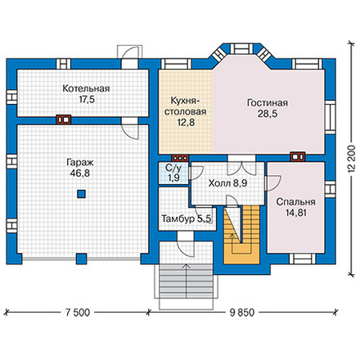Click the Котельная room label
(x=86, y=88)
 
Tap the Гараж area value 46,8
(x=79, y=173)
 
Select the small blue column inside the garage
(x=81, y=194)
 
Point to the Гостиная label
(x=268, y=103)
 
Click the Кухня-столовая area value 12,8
(x=187, y=123)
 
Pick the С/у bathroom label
(x=173, y=168)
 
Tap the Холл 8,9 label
(x=227, y=183)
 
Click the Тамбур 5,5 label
(x=187, y=218)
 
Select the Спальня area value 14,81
(x=296, y=213)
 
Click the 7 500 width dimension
(x=78, y=313)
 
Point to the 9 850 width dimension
(x=242, y=313)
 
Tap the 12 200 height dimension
(x=352, y=158)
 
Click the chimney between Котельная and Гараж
(x=63, y=119)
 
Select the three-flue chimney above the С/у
(x=180, y=158)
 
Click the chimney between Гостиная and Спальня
(x=298, y=157)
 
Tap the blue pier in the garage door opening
(x=81, y=259)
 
